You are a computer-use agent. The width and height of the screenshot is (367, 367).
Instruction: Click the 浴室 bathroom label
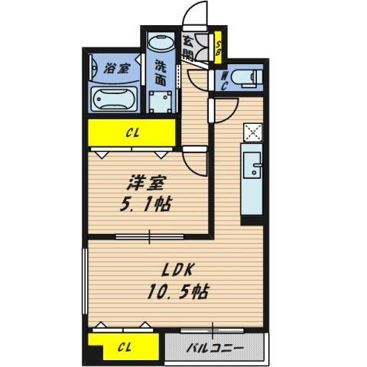click(117, 69)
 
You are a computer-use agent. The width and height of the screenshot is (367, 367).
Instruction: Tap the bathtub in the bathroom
click(114, 99)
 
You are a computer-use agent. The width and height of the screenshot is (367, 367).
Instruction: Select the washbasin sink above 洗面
click(161, 43)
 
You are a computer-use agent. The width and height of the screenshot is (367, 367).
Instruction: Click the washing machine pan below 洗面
click(161, 102)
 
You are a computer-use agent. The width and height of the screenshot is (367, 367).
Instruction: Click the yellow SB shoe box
click(218, 47)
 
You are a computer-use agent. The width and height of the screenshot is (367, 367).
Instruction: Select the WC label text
click(224, 81)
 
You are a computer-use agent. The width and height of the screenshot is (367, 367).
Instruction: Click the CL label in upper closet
click(132, 133)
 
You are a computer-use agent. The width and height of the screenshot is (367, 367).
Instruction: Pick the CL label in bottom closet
click(125, 347)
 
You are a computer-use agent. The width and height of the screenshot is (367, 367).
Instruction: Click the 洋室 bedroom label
click(147, 183)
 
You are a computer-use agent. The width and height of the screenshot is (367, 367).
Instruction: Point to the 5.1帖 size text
click(146, 204)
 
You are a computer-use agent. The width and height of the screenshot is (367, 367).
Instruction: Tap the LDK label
click(178, 270)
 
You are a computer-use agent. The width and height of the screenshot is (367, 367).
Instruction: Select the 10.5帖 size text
click(178, 291)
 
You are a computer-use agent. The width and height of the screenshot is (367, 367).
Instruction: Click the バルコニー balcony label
click(215, 348)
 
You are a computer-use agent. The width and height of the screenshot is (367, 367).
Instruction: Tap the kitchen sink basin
click(252, 165)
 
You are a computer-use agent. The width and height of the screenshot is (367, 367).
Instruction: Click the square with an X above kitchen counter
click(252, 132)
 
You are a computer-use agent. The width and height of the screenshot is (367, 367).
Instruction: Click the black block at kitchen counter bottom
click(252, 220)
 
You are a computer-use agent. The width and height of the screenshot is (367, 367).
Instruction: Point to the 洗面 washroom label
click(161, 73)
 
